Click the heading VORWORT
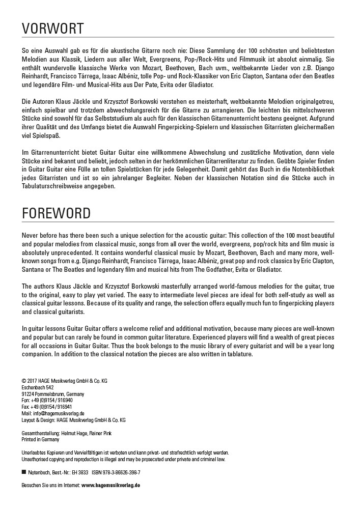[53, 28]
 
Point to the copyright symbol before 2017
[24, 381]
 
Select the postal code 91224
[27, 394]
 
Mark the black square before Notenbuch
[24, 472]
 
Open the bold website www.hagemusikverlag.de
[110, 486]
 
